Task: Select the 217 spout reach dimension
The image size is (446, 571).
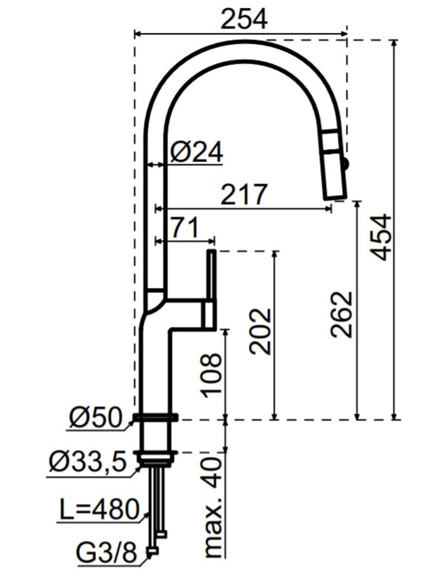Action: [244, 195]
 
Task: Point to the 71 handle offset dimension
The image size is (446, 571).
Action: [185, 228]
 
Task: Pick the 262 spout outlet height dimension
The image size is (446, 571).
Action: [342, 314]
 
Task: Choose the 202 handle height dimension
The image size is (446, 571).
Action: [260, 331]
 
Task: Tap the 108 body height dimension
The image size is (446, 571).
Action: [211, 375]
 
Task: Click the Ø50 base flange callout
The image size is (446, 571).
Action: [96, 417]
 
